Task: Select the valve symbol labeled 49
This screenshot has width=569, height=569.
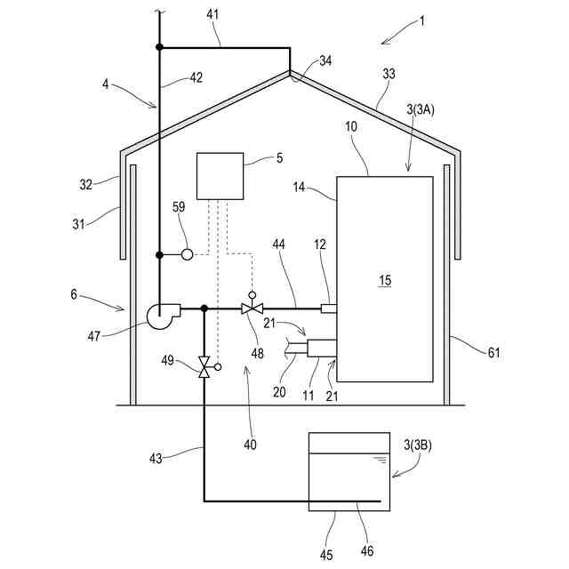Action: pos(204,366)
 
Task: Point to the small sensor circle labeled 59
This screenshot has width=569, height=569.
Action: pos(187,254)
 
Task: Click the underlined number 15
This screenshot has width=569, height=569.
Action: pos(384,280)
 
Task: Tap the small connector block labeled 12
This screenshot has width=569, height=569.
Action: pos(328,309)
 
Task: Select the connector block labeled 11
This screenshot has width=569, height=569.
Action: pos(320,348)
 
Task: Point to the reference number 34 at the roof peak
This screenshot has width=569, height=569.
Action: pos(325,61)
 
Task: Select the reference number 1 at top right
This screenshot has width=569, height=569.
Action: pos(421,20)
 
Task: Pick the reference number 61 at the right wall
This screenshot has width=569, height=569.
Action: pos(493,353)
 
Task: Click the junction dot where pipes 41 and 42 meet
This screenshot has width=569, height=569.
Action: pos(159,47)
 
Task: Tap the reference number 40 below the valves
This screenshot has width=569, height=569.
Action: pos(249,444)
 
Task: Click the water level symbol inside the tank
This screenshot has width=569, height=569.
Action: pos(380,461)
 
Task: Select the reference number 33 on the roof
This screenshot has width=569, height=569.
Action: pos(389,75)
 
